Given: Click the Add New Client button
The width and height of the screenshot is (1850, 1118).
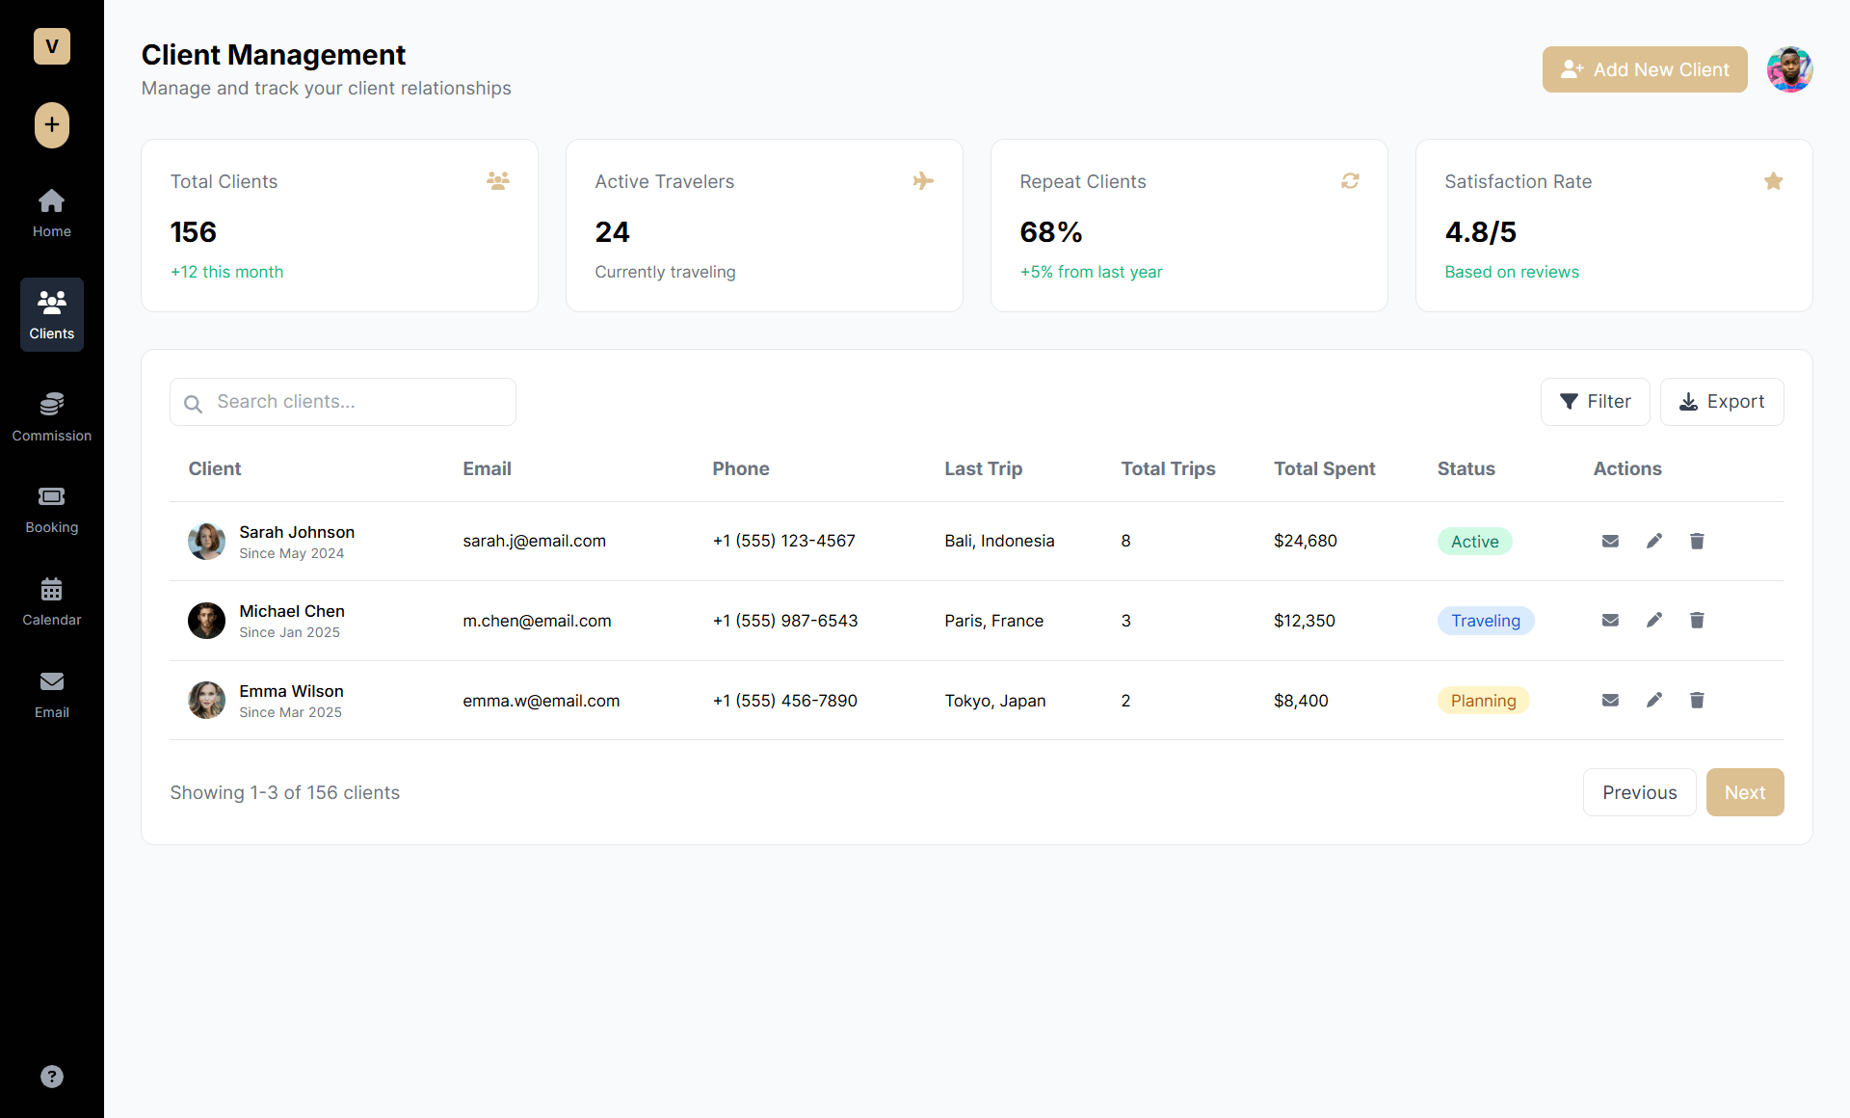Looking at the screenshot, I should pos(1644,69).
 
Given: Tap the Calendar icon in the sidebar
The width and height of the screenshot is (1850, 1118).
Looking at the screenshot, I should pos(52,589).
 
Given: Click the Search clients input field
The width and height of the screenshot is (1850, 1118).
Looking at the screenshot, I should pos(343,402).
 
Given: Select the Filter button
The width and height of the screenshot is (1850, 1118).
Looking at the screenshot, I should pos(1595,402).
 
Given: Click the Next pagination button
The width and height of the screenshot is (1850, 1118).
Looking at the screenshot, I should pos(1744,792).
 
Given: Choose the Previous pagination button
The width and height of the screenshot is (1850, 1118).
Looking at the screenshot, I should pos(1639,792).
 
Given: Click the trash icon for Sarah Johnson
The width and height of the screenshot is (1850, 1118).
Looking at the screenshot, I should pos(1697,542).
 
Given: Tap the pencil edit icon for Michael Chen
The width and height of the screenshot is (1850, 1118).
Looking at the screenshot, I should pos(1654,621).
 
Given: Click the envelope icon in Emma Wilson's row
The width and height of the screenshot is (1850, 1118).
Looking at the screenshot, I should pos(1610,701).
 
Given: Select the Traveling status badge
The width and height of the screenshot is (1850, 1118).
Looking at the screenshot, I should pos(1485,621).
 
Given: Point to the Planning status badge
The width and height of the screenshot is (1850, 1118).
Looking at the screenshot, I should pos(1483,701).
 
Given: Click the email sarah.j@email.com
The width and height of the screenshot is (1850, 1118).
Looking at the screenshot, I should pos(534,542).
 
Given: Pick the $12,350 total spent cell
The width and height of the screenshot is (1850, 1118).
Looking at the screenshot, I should pos(1304,621).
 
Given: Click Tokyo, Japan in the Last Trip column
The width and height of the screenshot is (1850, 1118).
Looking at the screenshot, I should pos(994,701).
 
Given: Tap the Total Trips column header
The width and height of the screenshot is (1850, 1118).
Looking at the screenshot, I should pos(1168,469).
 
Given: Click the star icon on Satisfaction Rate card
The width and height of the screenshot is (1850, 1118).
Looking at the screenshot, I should pos(1773,181).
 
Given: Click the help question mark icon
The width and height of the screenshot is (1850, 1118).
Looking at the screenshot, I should pos(52,1077).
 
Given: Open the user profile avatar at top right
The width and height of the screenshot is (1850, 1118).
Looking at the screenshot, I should pos(1789,69).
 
